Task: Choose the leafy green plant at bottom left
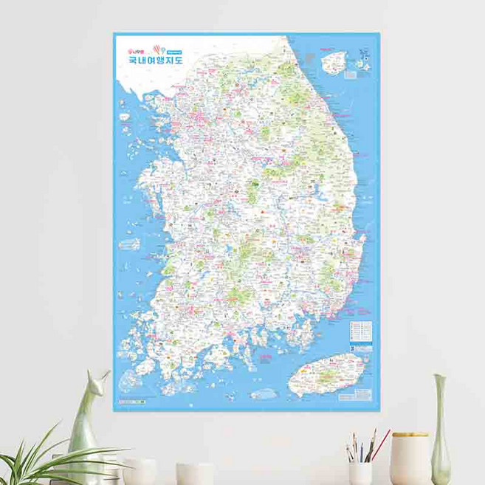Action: coord(44,458)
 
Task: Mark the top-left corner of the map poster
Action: coord(114,32)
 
